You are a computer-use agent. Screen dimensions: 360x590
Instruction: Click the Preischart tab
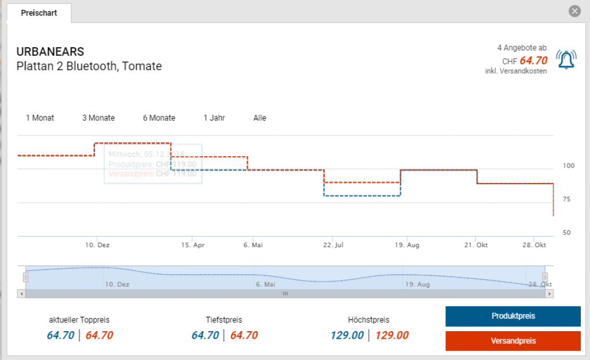pyautogui.click(x=39, y=13)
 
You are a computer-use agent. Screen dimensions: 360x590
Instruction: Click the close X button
pyautogui.click(x=574, y=11)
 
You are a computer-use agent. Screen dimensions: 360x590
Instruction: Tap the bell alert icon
pyautogui.click(x=566, y=59)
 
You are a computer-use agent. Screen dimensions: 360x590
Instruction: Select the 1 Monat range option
pyautogui.click(x=40, y=118)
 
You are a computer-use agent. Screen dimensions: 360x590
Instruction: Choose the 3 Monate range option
pyautogui.click(x=98, y=118)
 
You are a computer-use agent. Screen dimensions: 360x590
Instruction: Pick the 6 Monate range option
pyautogui.click(x=159, y=118)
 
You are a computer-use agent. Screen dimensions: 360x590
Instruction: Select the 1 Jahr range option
pyautogui.click(x=214, y=118)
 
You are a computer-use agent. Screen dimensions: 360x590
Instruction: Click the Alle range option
pyautogui.click(x=260, y=118)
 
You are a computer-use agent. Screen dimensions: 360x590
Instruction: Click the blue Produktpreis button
pyautogui.click(x=513, y=316)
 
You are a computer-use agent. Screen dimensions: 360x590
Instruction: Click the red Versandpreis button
pyautogui.click(x=513, y=341)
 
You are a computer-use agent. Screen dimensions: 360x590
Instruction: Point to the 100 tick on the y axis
pyautogui.click(x=569, y=166)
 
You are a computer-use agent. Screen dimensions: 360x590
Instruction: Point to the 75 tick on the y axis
pyautogui.click(x=566, y=199)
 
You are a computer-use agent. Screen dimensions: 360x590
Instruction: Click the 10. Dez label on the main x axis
pyautogui.click(x=97, y=245)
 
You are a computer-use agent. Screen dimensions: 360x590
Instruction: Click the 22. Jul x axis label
pyautogui.click(x=333, y=245)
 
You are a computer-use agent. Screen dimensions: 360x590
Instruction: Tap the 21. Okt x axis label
pyautogui.click(x=476, y=245)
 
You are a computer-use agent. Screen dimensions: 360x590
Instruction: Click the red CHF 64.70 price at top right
pyautogui.click(x=533, y=60)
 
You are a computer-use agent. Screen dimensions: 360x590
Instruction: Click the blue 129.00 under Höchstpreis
pyautogui.click(x=347, y=335)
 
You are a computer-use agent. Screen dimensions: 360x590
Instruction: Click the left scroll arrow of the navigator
pyautogui.click(x=22, y=293)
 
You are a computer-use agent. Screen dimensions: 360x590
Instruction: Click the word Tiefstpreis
pyautogui.click(x=224, y=320)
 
